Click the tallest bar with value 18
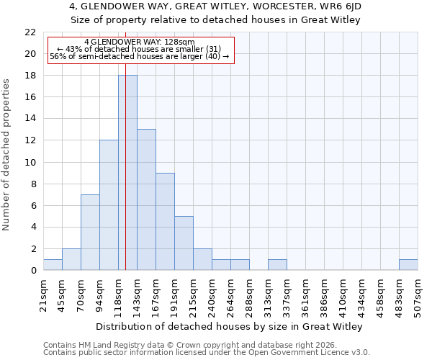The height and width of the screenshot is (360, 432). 127,173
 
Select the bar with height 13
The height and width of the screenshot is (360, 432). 146,199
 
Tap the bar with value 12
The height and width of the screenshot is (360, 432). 109,205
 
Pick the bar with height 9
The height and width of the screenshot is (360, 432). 165,221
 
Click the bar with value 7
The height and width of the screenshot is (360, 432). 90,232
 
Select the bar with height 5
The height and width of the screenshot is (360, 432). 184,243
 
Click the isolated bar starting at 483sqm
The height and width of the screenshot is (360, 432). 408,264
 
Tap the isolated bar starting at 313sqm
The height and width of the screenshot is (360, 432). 277,264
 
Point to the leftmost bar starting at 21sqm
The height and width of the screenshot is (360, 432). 53,264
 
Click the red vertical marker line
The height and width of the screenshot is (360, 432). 125,144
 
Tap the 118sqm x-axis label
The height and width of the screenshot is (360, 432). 118,294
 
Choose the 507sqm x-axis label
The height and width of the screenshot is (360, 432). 418,294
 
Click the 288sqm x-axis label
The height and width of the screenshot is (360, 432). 249,294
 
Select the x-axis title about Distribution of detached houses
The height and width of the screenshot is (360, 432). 229,326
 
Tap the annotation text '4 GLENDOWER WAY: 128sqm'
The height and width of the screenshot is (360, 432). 140,42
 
